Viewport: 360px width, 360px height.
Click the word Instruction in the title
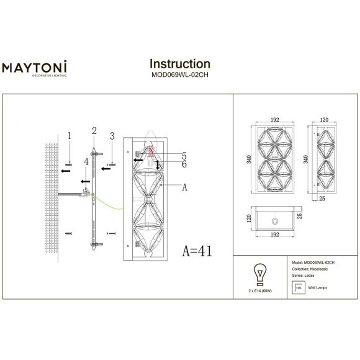click(x=180, y=64)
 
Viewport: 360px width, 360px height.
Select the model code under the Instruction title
click(x=180, y=76)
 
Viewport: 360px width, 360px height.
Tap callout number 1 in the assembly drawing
click(x=70, y=135)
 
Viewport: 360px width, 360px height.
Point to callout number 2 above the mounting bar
click(x=94, y=130)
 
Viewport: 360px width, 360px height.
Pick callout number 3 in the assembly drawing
click(x=112, y=135)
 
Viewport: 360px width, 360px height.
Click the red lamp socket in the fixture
click(x=151, y=153)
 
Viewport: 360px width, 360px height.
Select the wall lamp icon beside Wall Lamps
click(x=297, y=289)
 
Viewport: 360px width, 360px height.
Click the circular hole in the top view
click(x=273, y=221)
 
